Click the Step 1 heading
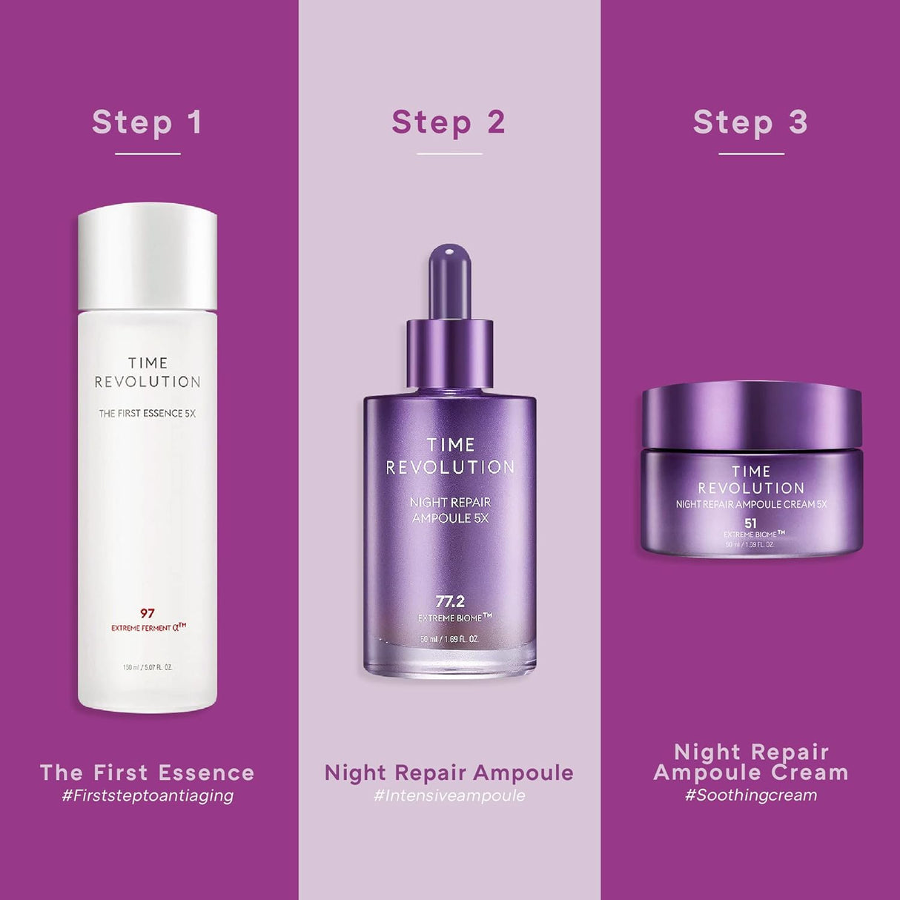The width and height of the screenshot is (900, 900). tap(147, 122)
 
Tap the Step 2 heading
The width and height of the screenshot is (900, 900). tap(449, 122)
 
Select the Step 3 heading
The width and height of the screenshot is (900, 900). tap(750, 122)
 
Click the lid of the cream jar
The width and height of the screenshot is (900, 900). tap(751, 414)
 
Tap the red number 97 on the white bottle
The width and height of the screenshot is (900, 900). tap(148, 613)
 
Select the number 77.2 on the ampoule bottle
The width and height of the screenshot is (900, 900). tap(450, 601)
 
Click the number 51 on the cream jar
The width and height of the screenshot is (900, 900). tap(750, 523)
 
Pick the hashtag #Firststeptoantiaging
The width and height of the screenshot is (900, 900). tap(148, 795)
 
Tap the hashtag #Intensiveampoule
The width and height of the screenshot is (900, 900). tap(449, 795)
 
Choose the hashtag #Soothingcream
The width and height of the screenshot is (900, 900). tap(751, 795)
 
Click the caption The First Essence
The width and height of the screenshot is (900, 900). tap(148, 772)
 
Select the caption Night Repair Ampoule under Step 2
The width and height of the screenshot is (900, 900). tap(449, 772)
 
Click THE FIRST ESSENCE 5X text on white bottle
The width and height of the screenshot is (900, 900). tap(148, 414)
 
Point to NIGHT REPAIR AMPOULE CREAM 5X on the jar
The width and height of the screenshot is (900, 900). tap(751, 504)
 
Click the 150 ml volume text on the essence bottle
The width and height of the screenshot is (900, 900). tap(148, 667)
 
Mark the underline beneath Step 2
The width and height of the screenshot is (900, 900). tap(449, 154)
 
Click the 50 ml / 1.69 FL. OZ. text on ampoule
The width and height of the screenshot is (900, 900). tap(450, 639)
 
